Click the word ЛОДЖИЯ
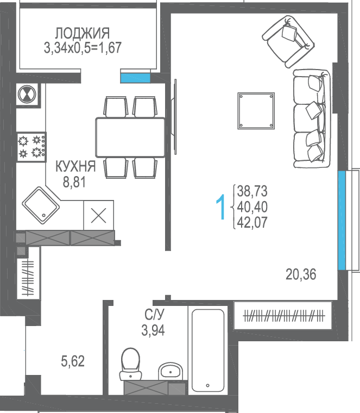click(x=83, y=34)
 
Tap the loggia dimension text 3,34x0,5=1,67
click(x=83, y=48)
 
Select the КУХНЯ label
click(x=75, y=166)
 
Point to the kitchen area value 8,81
click(x=74, y=182)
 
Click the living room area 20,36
click(x=301, y=274)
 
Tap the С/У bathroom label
click(x=154, y=314)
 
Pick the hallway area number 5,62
click(x=73, y=361)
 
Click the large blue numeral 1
click(x=221, y=206)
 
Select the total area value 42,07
click(x=252, y=222)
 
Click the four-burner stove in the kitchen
click(x=31, y=147)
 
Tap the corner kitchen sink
click(x=41, y=205)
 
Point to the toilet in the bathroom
click(x=130, y=364)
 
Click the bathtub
click(x=208, y=351)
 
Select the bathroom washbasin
click(x=170, y=371)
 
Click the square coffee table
click(x=256, y=111)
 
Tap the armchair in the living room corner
click(x=288, y=41)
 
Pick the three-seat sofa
click(x=312, y=118)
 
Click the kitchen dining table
click(x=130, y=137)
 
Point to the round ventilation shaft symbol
click(x=27, y=94)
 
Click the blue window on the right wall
click(x=342, y=221)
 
